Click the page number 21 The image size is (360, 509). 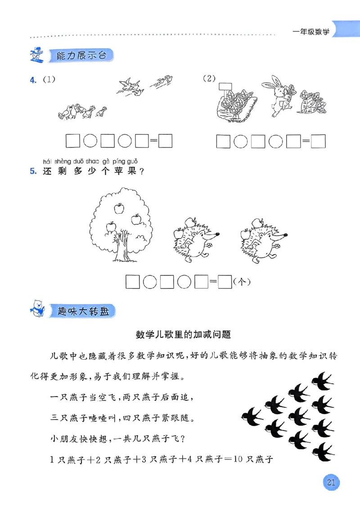pyautogui.click(x=332, y=482)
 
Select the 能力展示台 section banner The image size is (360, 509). pyautogui.click(x=81, y=56)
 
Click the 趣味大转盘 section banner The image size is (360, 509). pyautogui.click(x=84, y=311)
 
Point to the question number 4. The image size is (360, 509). pyautogui.click(x=32, y=80)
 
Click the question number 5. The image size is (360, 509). pyautogui.click(x=32, y=171)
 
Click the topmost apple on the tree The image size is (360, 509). pyautogui.click(x=119, y=208)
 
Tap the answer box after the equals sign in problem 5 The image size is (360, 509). pyautogui.click(x=224, y=282)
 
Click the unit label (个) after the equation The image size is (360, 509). pyautogui.click(x=242, y=282)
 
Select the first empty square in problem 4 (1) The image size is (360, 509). pyautogui.click(x=72, y=141)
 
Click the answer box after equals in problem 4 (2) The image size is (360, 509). pyautogui.click(x=319, y=142)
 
